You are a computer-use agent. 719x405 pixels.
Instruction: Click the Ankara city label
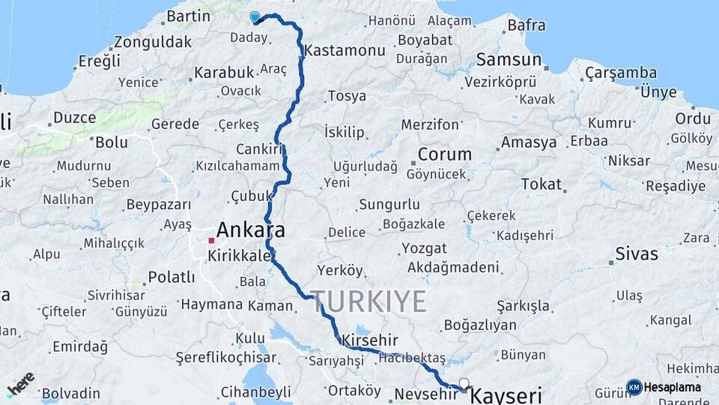[250, 229]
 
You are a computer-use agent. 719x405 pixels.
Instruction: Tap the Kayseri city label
[506, 395]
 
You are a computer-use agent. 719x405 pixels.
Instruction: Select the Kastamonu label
[345, 51]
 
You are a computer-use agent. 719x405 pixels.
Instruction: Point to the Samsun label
[509, 59]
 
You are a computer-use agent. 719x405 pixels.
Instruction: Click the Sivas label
[636, 253]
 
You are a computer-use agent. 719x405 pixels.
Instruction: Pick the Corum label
[444, 154]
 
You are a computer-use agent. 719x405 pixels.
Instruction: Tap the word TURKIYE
[369, 301]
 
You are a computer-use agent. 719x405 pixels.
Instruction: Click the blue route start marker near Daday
[255, 16]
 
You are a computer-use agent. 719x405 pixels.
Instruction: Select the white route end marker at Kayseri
[464, 384]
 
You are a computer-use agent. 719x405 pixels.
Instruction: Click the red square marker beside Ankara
[211, 241]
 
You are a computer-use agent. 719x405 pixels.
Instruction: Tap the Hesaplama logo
[664, 387]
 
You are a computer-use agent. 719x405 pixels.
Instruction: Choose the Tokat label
[541, 184]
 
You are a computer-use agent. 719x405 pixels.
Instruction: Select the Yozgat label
[424, 248]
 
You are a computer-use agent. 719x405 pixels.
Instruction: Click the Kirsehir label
[369, 340]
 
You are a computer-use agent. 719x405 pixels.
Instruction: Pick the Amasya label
[529, 142]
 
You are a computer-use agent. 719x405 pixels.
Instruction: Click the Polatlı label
[171, 277]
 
